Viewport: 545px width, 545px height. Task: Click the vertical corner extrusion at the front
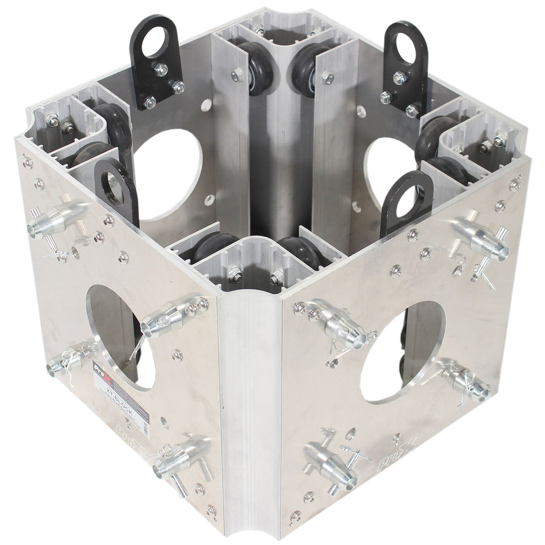click(249, 411)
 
